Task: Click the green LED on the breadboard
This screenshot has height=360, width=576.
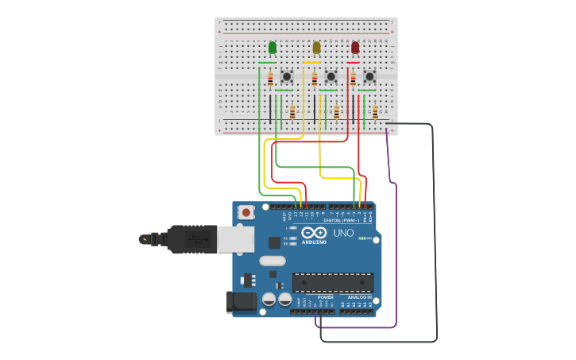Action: [273, 48]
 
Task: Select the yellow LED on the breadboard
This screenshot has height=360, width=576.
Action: [316, 48]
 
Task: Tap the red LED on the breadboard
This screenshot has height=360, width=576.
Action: [355, 48]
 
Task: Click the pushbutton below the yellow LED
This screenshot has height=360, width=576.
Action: [331, 77]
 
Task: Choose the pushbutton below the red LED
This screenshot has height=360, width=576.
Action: [369, 77]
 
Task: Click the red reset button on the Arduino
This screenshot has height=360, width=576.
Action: [246, 212]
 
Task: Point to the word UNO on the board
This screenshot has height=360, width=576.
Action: [343, 234]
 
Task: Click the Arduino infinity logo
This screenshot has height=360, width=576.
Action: [314, 232]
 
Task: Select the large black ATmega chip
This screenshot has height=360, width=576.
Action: [333, 282]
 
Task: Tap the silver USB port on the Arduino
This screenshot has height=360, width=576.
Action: [236, 239]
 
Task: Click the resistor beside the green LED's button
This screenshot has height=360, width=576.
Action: [270, 79]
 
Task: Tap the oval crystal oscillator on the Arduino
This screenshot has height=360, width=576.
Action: [272, 261]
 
